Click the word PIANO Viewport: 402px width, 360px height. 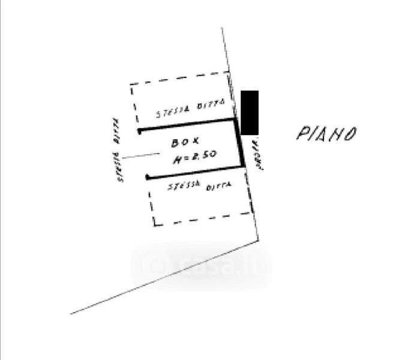point(327,133)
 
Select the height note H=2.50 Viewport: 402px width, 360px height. point(194,158)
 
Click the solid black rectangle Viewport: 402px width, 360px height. point(250,112)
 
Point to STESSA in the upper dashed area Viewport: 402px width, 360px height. point(172,112)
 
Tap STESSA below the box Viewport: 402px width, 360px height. point(184,187)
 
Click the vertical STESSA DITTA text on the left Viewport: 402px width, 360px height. point(118,150)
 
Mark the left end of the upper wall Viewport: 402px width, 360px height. point(139,130)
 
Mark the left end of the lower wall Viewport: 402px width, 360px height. point(148,177)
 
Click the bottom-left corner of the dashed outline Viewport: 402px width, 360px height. point(154,224)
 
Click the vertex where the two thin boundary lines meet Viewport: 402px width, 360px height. point(259,240)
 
